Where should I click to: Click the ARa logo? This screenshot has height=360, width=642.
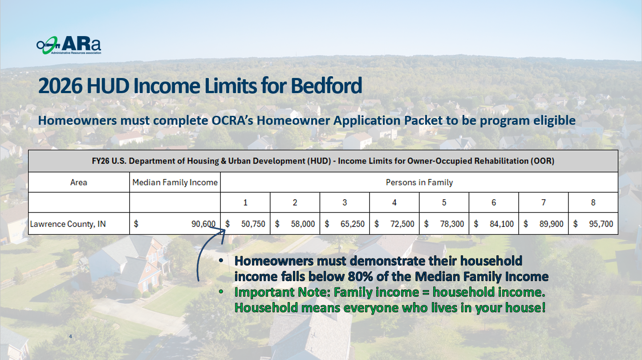[69, 45]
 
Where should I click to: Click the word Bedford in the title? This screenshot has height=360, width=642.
[326, 86]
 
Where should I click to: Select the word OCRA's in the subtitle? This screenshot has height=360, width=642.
[232, 120]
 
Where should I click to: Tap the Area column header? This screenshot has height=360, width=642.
[79, 182]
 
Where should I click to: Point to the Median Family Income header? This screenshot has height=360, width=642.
[175, 182]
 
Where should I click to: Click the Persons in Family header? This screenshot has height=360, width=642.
[419, 182]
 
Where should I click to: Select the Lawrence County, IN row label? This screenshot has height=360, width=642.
[68, 224]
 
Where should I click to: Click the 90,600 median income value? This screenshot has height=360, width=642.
[203, 224]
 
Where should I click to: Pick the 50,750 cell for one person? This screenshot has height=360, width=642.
[253, 224]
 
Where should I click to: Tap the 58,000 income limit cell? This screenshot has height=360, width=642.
[303, 224]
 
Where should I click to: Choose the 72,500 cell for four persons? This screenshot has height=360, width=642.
[402, 224]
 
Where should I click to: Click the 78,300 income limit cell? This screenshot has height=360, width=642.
[452, 224]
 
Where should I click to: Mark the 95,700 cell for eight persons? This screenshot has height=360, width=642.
[601, 224]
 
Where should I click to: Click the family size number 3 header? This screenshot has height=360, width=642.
[345, 203]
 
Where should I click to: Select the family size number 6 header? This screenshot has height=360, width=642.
[494, 203]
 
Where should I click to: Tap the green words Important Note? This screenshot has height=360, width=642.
[283, 292]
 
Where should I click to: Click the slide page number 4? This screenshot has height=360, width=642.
[70, 336]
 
